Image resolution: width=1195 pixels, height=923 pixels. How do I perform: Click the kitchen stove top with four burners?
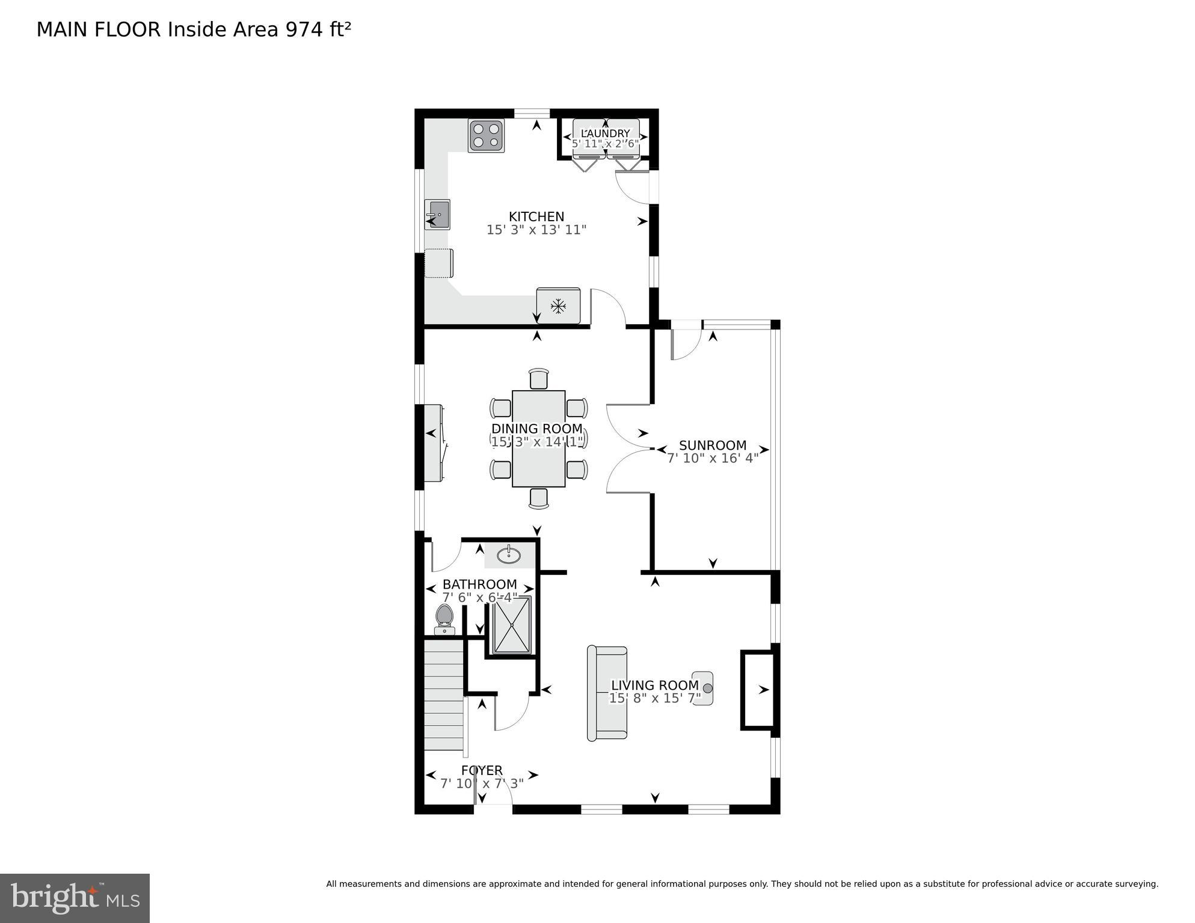click(x=486, y=136)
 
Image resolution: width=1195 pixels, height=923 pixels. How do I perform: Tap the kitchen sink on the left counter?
click(x=437, y=215)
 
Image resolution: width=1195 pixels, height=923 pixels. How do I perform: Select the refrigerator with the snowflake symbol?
click(x=559, y=306)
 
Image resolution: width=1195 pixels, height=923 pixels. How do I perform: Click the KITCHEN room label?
click(x=536, y=216)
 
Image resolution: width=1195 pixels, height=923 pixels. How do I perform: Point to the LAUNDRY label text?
click(x=606, y=133)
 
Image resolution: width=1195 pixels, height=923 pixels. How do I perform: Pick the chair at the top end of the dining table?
click(x=539, y=379)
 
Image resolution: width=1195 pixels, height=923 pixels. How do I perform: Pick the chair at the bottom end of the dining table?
click(x=539, y=498)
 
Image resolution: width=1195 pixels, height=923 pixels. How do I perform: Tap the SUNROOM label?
click(x=713, y=445)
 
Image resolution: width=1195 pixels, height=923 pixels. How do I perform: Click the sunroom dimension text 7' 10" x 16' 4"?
click(x=713, y=458)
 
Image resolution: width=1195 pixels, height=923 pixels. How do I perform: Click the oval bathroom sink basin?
click(x=509, y=555)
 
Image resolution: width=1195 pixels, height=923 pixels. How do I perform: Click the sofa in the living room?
click(x=607, y=693)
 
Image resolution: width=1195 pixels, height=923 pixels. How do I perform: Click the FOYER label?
click(x=482, y=770)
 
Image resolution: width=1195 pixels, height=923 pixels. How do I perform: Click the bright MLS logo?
click(x=75, y=898)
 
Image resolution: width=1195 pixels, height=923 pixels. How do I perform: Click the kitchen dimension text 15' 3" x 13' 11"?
click(x=536, y=230)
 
